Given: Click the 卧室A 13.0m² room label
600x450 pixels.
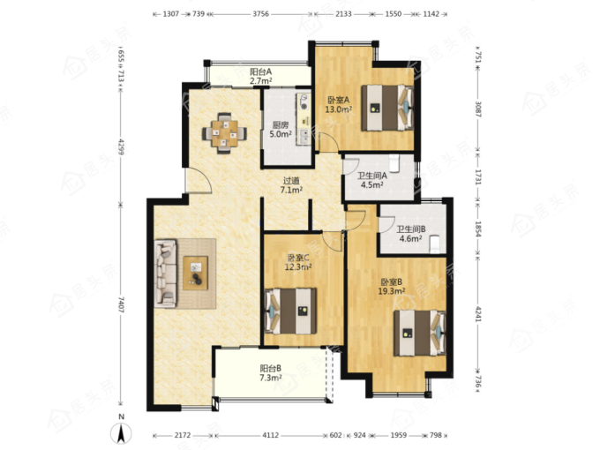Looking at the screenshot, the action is [338, 105].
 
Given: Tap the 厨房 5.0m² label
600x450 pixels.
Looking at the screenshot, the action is [281, 130].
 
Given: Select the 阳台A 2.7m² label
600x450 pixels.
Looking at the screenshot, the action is [260, 76].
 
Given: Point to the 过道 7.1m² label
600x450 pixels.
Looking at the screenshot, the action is [291, 185].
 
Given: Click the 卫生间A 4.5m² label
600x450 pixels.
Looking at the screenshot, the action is [372, 181].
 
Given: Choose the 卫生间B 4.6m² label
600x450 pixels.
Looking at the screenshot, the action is [411, 234].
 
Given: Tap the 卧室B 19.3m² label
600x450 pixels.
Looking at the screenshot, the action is [392, 287].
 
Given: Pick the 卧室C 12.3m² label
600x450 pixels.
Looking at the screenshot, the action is [298, 263].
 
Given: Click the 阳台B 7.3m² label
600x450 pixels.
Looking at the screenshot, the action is [271, 373].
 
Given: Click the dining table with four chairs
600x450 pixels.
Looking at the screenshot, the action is [224, 133].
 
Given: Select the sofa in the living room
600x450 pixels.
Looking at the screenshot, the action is [166, 274].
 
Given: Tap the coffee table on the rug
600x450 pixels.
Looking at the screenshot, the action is [196, 274].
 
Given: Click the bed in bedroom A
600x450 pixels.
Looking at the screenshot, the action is [387, 108].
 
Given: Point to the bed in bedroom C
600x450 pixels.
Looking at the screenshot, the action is [290, 311].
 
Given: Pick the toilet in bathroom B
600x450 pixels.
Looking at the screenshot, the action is [435, 244].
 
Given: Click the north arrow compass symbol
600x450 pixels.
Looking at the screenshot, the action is [121, 433].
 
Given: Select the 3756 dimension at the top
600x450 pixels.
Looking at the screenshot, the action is [261, 14].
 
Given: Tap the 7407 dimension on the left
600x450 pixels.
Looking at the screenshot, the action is [121, 305].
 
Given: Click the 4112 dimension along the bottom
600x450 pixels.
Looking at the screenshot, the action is [270, 435].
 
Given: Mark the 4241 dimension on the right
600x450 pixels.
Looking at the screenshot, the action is [477, 313].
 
